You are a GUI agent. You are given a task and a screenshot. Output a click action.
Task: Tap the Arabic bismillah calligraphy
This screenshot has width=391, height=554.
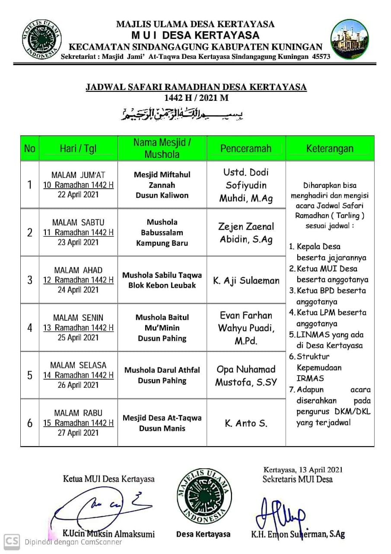(x=181, y=114)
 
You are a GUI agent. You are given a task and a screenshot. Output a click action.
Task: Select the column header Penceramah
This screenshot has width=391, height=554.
(x=246, y=148)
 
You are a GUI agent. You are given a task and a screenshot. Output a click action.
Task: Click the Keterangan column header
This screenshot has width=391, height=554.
(x=330, y=148)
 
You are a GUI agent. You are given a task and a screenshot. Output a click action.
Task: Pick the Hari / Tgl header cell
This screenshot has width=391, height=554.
(x=78, y=149)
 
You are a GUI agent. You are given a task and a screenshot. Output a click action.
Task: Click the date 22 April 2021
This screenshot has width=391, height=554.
(x=78, y=195)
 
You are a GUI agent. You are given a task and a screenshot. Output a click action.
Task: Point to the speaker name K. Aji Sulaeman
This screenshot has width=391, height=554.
(x=246, y=280)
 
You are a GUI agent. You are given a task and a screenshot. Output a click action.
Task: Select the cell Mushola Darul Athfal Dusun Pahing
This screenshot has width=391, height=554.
(x=162, y=375)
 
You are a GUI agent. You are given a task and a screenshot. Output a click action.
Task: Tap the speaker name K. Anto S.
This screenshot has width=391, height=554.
(x=246, y=423)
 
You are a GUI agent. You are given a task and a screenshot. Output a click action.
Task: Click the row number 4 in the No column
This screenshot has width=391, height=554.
(x=30, y=328)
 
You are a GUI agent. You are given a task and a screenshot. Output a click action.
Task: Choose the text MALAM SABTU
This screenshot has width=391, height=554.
(x=78, y=222)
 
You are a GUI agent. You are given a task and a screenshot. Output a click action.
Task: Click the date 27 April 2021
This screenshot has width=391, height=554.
(x=78, y=433)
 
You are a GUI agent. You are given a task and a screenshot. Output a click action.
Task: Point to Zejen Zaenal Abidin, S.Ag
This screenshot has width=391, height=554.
(x=246, y=232)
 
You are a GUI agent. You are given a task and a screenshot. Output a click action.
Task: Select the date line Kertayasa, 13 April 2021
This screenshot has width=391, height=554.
(x=303, y=469)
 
